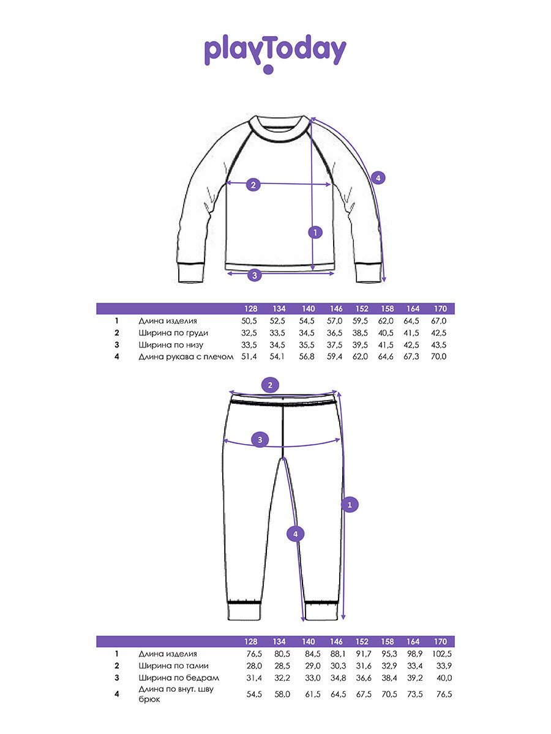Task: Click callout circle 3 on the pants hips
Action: (260, 439)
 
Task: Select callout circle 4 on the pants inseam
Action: (295, 534)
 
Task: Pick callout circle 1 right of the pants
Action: (350, 505)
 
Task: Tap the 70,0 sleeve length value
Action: (439, 356)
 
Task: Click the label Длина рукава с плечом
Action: (186, 356)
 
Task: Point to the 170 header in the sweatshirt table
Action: (440, 309)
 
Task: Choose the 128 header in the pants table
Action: (252, 642)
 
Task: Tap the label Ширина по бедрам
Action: (178, 678)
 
